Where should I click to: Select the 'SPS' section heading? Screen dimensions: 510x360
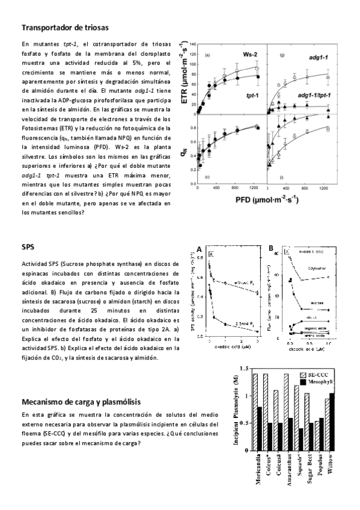click(28, 247)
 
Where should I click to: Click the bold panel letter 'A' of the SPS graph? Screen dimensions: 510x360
click(200, 248)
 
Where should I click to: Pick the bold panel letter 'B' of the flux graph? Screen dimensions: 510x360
click(272, 248)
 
